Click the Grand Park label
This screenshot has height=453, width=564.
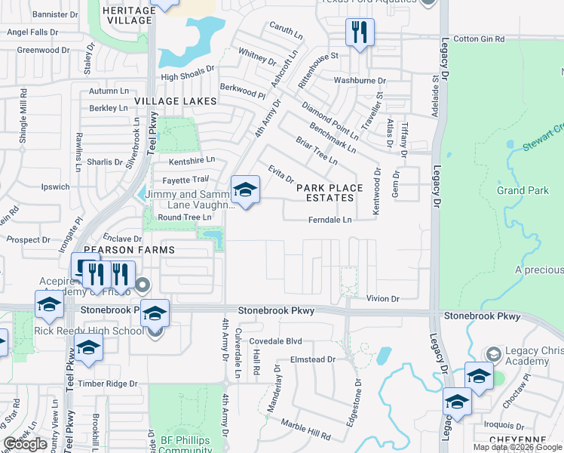click(x=523, y=190)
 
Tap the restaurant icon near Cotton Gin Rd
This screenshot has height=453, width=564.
click(x=358, y=32)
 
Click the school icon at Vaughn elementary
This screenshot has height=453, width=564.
click(x=245, y=190)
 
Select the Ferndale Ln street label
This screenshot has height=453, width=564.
click(x=330, y=220)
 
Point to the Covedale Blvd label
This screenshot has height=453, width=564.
click(x=280, y=341)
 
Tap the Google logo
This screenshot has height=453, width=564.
click(x=26, y=444)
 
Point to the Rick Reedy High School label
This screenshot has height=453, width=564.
click(x=100, y=331)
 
